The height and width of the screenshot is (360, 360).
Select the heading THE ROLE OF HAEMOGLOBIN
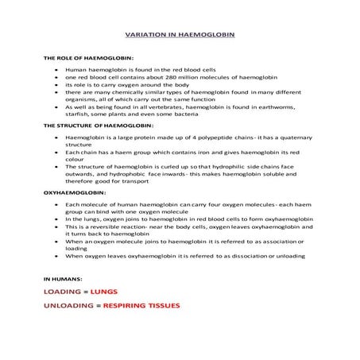[x=87, y=59]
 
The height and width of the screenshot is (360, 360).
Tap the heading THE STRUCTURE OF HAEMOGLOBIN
[x=98, y=126]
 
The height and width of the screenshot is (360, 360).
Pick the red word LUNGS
[x=104, y=292]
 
